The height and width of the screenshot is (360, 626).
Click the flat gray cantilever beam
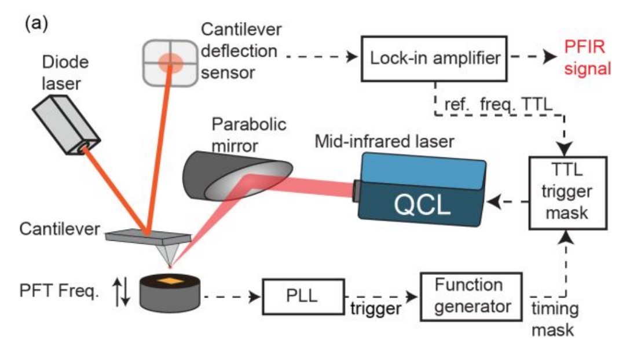tap(148, 234)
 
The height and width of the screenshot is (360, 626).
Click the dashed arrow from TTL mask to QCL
tap(508, 203)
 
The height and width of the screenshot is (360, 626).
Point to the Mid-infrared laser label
tap(392, 140)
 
